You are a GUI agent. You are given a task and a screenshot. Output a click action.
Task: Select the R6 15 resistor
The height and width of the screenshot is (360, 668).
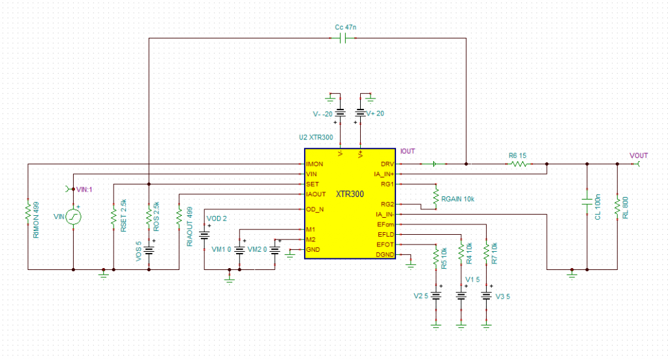coord(518,164)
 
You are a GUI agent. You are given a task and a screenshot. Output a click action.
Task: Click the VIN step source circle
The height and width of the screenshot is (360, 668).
coord(73,216)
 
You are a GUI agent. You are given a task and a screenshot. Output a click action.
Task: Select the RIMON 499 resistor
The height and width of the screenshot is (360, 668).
coord(27,212)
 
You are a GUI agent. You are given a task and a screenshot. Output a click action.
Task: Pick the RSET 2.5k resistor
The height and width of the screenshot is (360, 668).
coord(113,215)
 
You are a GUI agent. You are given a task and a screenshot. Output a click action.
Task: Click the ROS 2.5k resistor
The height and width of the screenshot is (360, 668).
coord(149,214)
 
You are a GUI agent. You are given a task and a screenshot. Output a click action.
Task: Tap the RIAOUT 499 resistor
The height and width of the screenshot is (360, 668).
coord(178,215)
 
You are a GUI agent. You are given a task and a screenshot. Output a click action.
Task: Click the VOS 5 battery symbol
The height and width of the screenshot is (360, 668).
coord(149,250)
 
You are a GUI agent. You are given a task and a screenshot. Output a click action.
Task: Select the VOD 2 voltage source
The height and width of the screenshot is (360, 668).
coord(204,236)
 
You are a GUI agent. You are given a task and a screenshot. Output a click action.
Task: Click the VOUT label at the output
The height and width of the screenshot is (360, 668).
coord(639,156)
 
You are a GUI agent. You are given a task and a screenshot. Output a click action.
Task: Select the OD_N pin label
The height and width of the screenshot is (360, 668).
coord(315,209)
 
